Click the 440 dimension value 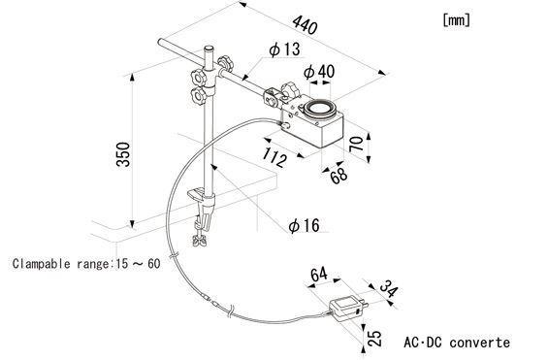(306, 25)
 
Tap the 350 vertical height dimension (123, 154)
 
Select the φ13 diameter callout (284, 49)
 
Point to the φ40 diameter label (319, 71)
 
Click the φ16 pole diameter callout (304, 225)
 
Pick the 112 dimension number (275, 157)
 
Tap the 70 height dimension (357, 144)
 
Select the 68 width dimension (338, 176)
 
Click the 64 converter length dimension (319, 275)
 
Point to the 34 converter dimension (388, 289)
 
